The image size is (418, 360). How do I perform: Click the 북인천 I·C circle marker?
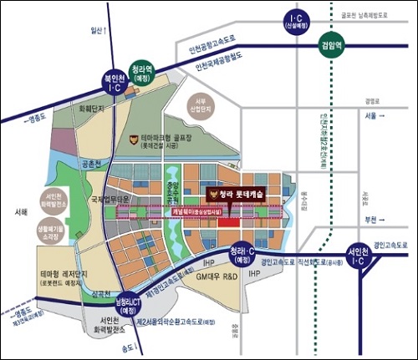click(114, 82)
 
